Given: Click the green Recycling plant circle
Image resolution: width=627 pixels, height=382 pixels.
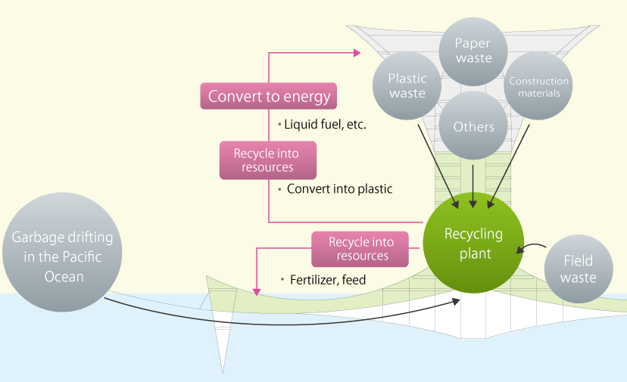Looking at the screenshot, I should click(x=473, y=244).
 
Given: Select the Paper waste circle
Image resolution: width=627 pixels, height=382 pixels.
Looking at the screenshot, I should click(x=473, y=51).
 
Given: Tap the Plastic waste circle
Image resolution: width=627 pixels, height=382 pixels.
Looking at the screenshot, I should click(x=407, y=85).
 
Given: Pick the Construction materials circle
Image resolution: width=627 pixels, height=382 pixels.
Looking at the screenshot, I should click(x=538, y=86).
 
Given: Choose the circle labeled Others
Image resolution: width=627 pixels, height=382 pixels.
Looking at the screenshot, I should click(x=473, y=126).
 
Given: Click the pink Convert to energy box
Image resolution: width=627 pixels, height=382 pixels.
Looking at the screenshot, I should click(x=269, y=96).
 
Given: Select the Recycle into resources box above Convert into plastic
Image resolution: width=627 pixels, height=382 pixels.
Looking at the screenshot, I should click(x=266, y=160).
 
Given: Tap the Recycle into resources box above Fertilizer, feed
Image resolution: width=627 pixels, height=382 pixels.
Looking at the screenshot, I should click(x=361, y=249).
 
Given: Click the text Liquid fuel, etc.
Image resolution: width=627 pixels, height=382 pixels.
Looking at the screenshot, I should click(x=324, y=124).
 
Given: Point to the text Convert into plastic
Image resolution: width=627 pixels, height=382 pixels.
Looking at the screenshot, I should click(x=338, y=189).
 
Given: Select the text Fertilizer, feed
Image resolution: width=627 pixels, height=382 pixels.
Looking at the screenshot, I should click(x=326, y=280).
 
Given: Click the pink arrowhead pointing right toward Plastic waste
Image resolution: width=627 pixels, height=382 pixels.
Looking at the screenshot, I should click(x=357, y=53).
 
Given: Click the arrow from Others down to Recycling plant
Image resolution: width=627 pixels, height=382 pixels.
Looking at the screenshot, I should click(x=473, y=182).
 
